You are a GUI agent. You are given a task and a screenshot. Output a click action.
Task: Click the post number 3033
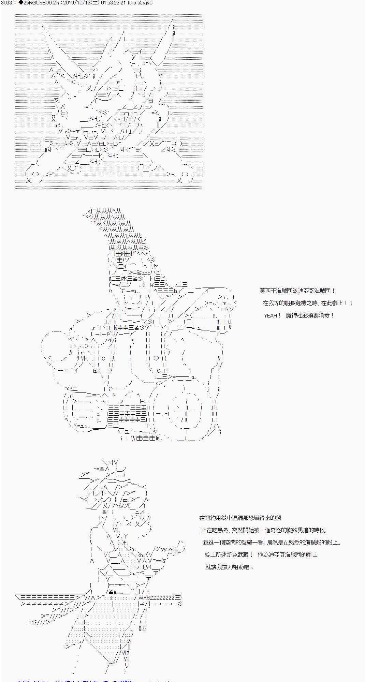[x=7, y=3]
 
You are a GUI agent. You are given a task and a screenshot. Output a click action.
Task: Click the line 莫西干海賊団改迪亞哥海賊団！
[x=297, y=291]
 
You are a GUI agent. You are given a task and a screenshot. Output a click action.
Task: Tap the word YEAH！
[x=272, y=315]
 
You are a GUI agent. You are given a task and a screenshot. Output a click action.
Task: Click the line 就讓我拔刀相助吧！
[x=230, y=567]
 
